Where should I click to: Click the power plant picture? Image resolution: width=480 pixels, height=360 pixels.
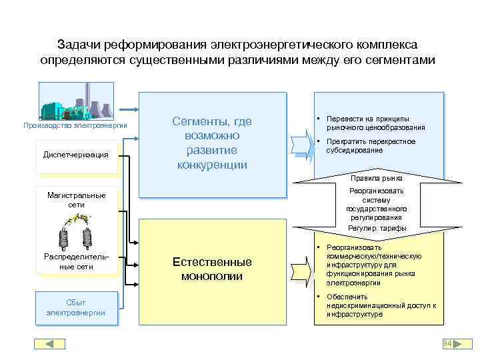click(x=76, y=101)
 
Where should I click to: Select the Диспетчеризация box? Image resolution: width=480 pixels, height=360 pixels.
click(x=75, y=155)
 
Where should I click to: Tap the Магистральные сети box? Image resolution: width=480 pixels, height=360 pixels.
click(x=76, y=200)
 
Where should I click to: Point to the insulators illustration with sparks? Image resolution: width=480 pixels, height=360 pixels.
click(x=76, y=231)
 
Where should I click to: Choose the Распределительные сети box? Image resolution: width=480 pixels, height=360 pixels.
click(x=76, y=261)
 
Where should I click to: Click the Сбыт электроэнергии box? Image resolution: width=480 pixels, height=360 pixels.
click(x=76, y=307)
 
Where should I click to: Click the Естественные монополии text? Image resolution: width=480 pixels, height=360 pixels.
click(x=212, y=269)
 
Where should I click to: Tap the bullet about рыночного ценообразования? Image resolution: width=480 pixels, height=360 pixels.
click(x=377, y=123)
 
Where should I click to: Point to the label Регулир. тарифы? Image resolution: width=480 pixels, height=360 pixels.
click(x=377, y=228)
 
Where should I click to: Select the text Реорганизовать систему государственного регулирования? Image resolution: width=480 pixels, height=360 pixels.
click(x=377, y=204)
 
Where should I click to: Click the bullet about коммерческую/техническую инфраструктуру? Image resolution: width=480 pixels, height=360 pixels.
click(x=376, y=265)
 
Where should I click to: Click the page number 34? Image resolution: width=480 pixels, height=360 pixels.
click(x=447, y=343)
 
